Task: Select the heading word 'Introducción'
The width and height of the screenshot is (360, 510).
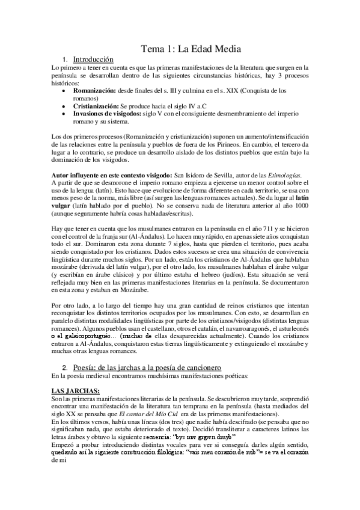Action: pos(93,60)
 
